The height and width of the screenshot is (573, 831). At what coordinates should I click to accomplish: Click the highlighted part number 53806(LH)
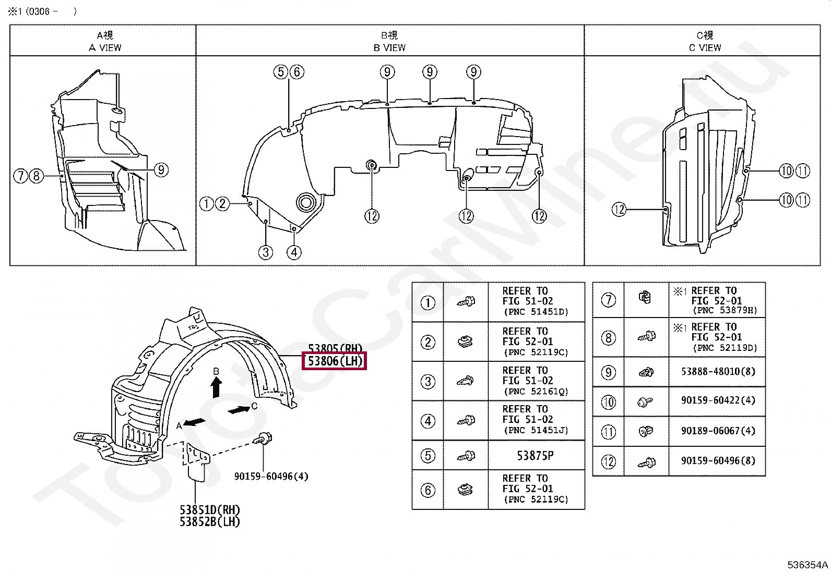pos(335,361)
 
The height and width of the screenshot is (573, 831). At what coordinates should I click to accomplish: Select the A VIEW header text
pos(105,47)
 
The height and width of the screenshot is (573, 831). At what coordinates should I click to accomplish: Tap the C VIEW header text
pos(705,47)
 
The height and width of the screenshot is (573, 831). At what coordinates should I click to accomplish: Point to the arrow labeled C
pos(240,410)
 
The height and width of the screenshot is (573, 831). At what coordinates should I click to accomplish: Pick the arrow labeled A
pos(194,422)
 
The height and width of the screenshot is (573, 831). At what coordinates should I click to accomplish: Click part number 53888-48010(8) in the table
pos(718,372)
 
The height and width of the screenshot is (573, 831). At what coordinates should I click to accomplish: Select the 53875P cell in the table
pos(535,456)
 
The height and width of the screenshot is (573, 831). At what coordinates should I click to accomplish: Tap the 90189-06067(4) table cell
pos(718,431)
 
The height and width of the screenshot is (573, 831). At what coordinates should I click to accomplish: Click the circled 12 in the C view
pos(619,210)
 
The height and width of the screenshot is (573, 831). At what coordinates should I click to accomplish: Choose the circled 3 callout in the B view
pos(266,252)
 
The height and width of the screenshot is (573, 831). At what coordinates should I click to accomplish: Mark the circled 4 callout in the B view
pos(294,252)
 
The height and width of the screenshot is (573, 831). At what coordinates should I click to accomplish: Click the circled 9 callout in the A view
pos(161,169)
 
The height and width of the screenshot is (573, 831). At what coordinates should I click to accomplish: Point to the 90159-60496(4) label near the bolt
pos(271,476)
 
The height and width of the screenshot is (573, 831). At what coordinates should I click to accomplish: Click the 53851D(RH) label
pos(209,510)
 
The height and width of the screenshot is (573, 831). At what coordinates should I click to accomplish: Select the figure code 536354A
pos(808,565)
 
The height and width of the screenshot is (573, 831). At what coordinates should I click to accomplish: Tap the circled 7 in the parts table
pos(608,300)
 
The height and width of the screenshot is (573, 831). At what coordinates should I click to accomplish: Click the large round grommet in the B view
pos(306,202)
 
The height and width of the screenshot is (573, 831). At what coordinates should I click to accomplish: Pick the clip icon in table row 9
pos(646,372)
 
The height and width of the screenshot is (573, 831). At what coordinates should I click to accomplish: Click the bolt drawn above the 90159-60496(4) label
pos(263,438)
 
